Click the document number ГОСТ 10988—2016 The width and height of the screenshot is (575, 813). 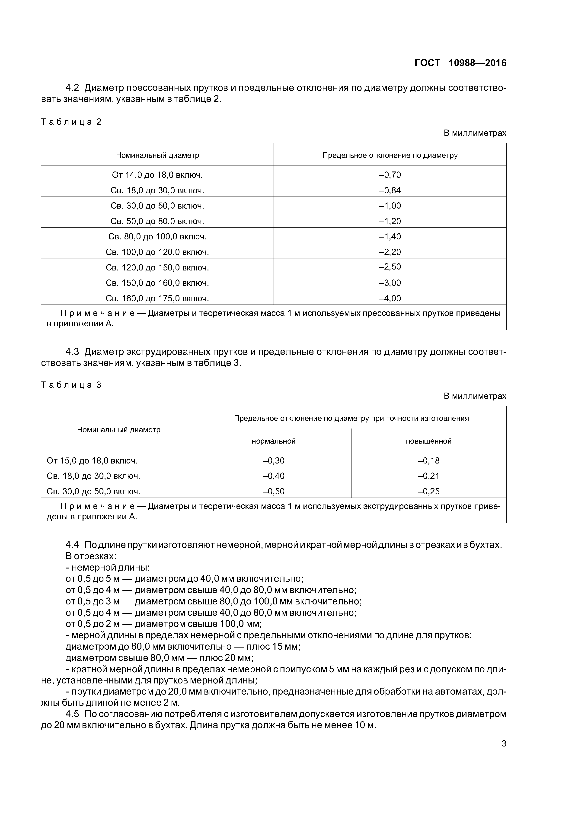pos(460,63)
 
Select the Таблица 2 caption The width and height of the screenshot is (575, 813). pos(72,122)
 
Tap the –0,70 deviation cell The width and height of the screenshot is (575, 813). pos(390,175)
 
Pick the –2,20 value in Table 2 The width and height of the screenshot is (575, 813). pos(390,252)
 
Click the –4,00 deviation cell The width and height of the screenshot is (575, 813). pos(390,298)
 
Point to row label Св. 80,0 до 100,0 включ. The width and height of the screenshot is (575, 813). pos(157,237)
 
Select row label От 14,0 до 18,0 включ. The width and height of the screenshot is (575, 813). pos(157,175)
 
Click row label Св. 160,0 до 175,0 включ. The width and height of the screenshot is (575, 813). pos(157,298)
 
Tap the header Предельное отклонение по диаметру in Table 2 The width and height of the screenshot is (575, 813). pos(390,155)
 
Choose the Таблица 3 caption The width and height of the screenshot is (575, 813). pos(72,385)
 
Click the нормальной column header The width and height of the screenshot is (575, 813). pos(274,441)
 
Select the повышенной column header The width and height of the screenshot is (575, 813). pos(429,441)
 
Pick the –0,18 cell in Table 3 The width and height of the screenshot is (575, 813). pos(429,460)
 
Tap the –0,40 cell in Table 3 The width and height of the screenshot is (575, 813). pos(274,476)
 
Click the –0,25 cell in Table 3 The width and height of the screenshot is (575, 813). pos(429,491)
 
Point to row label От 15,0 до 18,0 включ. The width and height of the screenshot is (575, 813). pos(92,460)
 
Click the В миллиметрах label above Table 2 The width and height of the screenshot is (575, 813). pos(475,133)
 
